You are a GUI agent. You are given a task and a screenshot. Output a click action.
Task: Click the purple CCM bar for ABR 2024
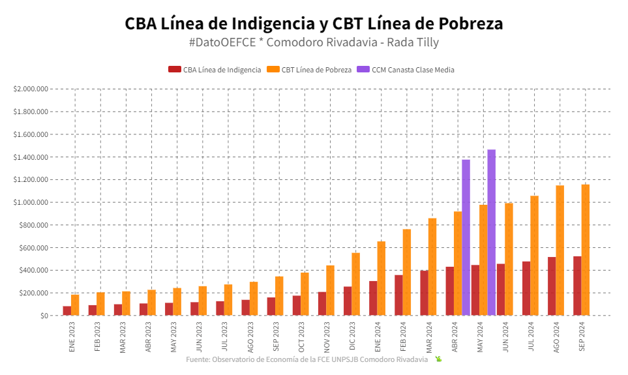pyautogui.click(x=466, y=237)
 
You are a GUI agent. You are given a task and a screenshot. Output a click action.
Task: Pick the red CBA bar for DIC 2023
pyautogui.click(x=348, y=301)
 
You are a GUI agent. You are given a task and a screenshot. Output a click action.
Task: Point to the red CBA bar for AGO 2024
pyautogui.click(x=552, y=286)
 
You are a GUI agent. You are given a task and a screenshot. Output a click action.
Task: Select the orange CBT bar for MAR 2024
pyautogui.click(x=432, y=267)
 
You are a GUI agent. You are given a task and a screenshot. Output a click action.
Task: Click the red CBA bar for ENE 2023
pyautogui.click(x=67, y=310)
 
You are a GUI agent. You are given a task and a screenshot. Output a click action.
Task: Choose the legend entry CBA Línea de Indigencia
pyautogui.click(x=215, y=70)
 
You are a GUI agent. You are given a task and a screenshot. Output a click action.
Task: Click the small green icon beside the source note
pyautogui.click(x=439, y=359)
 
